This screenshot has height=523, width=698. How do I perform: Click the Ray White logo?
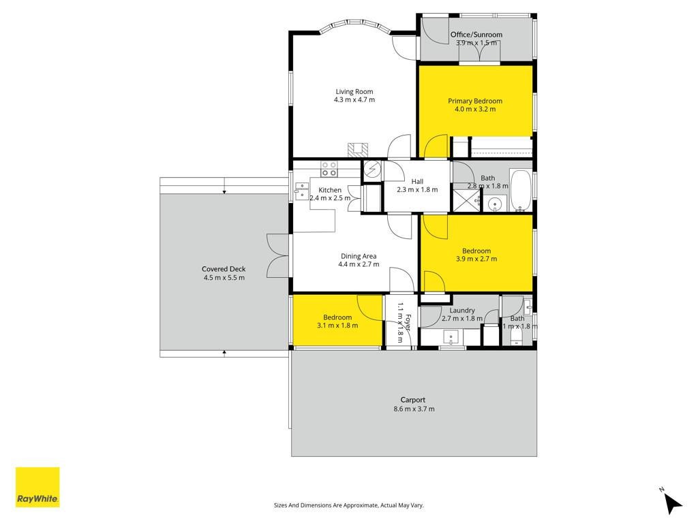[x=37, y=487]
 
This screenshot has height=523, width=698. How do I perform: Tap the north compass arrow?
[x=672, y=503]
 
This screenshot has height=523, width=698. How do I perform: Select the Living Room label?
[x=354, y=92]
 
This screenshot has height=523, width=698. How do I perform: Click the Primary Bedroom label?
[x=475, y=101]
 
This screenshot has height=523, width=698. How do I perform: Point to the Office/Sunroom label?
[x=476, y=34]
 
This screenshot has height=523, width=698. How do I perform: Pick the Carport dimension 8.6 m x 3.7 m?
[x=414, y=409]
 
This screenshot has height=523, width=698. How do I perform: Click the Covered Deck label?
[x=224, y=269]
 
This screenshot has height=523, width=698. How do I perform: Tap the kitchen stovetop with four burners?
[x=329, y=169]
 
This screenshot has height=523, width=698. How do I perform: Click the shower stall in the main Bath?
[x=466, y=201]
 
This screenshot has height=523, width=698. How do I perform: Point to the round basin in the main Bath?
[x=495, y=204]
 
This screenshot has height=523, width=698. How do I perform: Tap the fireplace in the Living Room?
[x=358, y=150]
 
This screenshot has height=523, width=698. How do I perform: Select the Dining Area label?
[x=359, y=256]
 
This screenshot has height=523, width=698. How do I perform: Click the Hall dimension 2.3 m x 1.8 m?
[x=417, y=189]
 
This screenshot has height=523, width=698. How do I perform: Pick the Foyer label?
[x=408, y=322]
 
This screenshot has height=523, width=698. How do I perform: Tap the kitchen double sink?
[x=301, y=190]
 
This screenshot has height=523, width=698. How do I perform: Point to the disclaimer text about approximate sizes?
[x=348, y=505]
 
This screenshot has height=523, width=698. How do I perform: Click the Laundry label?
[x=462, y=311]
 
